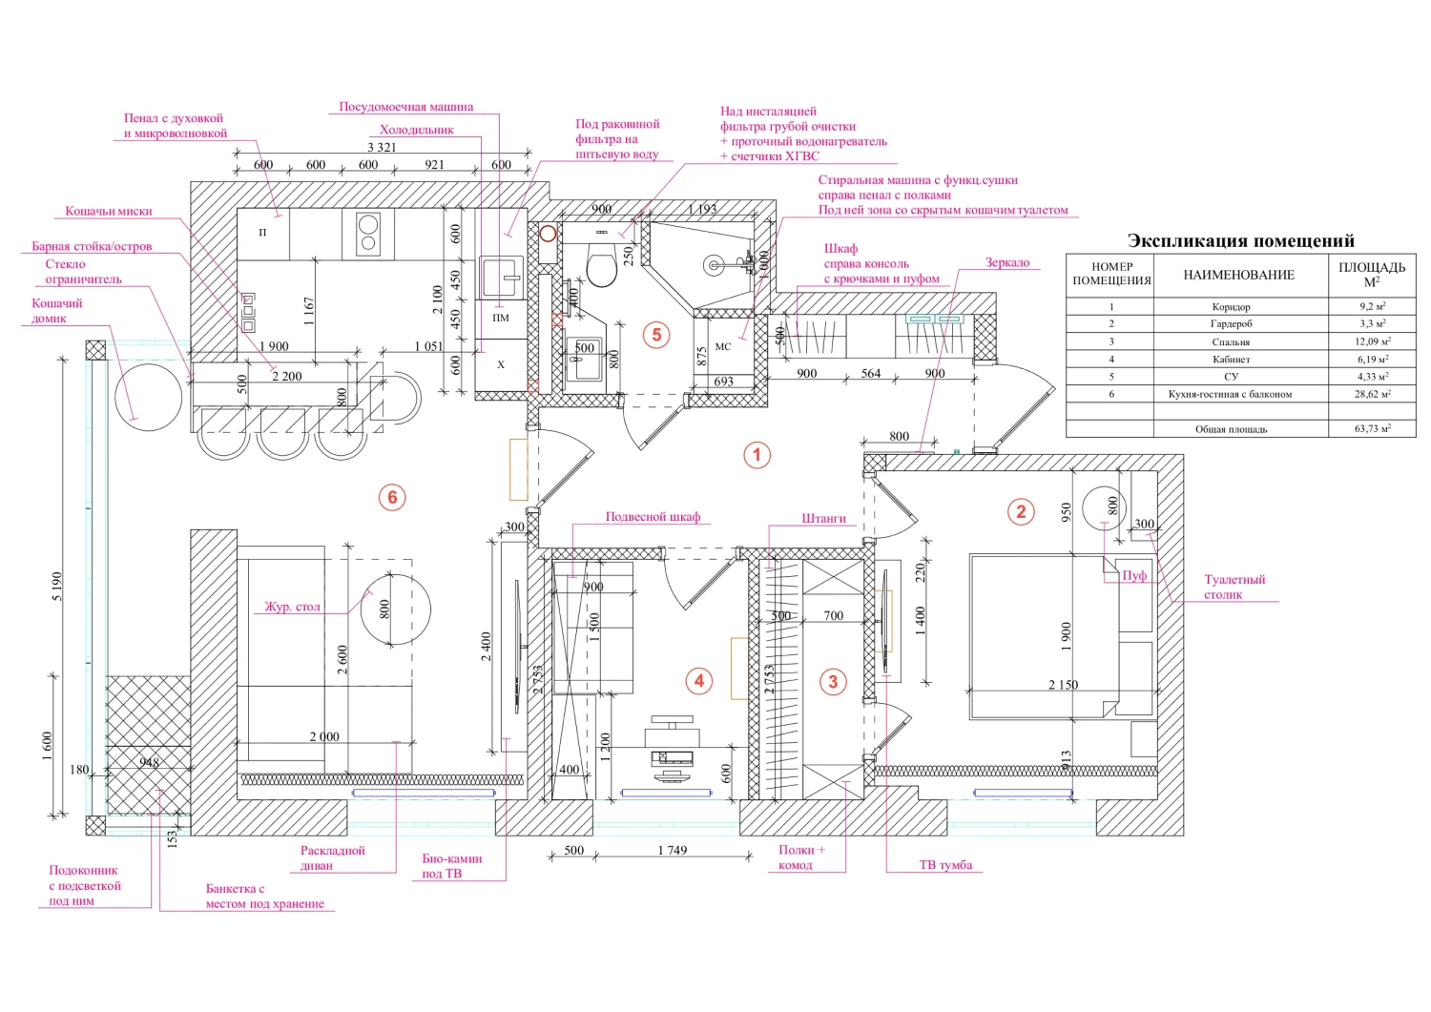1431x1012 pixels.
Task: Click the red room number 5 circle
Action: click(656, 335)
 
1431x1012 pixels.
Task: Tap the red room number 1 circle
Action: click(757, 456)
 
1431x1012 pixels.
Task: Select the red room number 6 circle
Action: click(392, 497)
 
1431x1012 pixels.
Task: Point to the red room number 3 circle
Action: click(833, 682)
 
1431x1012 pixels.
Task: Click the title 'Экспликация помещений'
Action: click(1240, 241)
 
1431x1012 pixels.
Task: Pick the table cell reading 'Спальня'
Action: click(1231, 341)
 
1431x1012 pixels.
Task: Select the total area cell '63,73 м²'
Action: click(1372, 428)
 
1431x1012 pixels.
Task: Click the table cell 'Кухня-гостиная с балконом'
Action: click(1230, 394)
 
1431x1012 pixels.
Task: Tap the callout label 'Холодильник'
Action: click(417, 130)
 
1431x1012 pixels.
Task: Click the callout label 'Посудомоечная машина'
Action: click(406, 107)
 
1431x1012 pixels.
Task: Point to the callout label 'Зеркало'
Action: click(1007, 262)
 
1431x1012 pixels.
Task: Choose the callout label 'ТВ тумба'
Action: click(945, 865)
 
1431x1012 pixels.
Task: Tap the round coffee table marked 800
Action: click(396, 609)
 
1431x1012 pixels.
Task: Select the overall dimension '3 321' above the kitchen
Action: click(382, 147)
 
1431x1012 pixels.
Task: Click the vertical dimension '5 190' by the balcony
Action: click(57, 586)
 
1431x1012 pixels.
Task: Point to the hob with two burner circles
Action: click(368, 234)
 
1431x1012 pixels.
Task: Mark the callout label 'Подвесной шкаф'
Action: click(653, 516)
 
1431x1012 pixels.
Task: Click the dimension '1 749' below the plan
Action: click(672, 850)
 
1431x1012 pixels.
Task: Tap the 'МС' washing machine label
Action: click(722, 346)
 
